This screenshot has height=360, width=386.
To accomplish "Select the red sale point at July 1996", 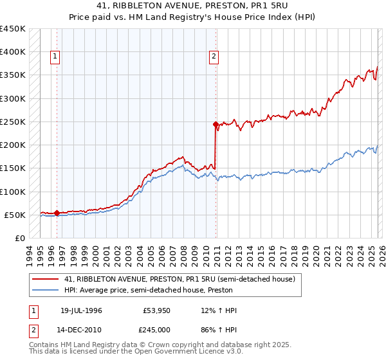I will pyautogui.click(x=57, y=213).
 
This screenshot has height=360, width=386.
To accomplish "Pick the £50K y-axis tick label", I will pyautogui.click(x=15, y=215).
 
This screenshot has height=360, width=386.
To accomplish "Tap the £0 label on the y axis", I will pyautogui.click(x=19, y=238).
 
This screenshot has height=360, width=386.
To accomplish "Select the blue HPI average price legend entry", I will pyautogui.click(x=161, y=290).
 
